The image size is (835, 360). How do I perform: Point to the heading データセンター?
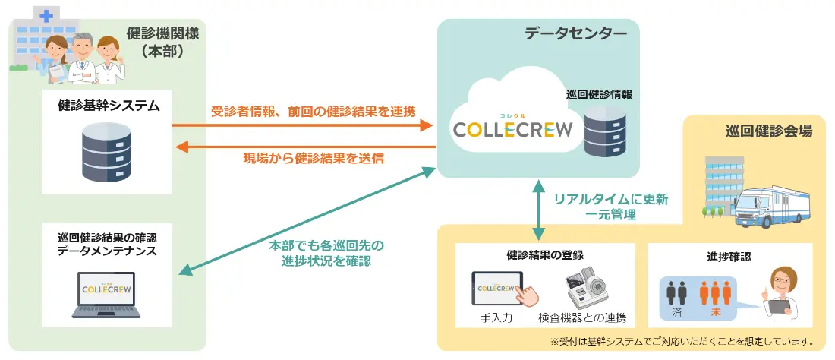point(575,33)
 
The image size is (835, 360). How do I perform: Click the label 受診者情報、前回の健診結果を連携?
point(313,111)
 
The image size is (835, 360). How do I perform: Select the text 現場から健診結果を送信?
point(313,158)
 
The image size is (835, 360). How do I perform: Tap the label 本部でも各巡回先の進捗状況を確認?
point(326,253)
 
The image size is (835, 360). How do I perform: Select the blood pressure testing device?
point(587,286)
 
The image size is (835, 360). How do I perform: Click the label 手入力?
point(497,318)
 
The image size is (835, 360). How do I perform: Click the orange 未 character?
point(714,312)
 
